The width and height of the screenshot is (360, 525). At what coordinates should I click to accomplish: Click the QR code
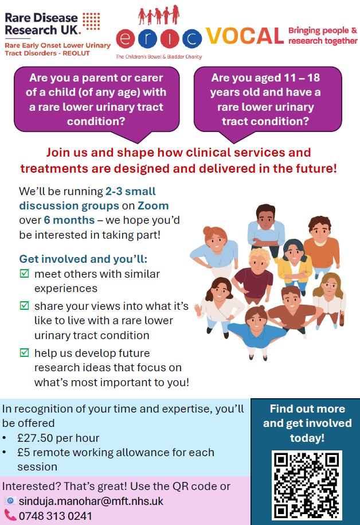307,485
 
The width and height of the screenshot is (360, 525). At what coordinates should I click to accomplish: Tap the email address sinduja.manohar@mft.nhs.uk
91,501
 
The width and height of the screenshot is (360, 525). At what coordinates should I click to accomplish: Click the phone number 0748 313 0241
55,516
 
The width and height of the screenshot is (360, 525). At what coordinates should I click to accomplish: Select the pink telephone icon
10,515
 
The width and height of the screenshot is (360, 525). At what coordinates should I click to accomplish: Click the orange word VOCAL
245,36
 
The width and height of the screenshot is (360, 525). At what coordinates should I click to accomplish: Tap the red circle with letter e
126,39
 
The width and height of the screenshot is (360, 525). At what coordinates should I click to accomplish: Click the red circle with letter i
170,39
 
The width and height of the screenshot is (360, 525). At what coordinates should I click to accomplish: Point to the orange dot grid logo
91,22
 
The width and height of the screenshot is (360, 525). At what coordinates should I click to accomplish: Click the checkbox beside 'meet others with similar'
24,274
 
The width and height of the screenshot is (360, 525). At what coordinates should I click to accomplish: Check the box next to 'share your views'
24,306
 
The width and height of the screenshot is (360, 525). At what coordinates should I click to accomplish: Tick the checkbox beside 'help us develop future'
24,352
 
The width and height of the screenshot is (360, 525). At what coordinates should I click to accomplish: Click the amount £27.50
35,438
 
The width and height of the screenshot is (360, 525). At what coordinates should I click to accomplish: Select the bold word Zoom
153,205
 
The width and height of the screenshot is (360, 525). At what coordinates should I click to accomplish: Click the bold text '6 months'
69,220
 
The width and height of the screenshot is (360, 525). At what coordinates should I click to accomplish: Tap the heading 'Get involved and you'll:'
83,259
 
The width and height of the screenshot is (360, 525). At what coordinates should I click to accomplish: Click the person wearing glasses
330,298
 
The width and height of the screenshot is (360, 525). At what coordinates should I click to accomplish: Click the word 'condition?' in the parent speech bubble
96,121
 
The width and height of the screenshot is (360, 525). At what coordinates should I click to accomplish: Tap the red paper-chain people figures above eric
159,15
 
